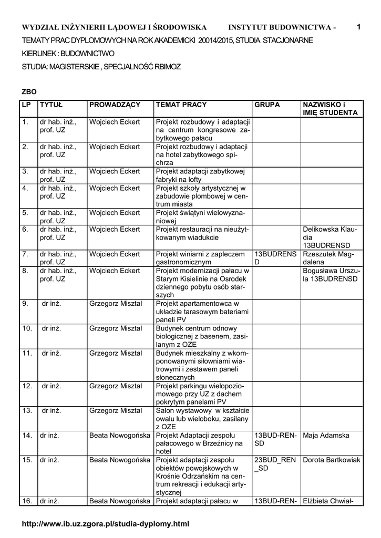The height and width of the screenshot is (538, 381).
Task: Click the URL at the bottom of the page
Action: point(105,524)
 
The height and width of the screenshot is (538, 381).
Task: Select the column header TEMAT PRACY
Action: point(181,105)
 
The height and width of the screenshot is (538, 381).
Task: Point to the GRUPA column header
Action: point(267,105)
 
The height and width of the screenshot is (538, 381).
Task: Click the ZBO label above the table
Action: point(29,91)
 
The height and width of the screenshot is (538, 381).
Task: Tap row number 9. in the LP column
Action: point(26,303)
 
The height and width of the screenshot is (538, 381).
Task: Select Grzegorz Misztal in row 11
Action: point(116,353)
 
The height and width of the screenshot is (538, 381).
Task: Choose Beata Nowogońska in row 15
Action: point(120,460)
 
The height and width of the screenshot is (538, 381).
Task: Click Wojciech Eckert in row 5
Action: point(115,213)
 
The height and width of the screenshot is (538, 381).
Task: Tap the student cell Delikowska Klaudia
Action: point(331,237)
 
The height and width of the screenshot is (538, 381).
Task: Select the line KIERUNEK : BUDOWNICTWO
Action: point(68,53)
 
